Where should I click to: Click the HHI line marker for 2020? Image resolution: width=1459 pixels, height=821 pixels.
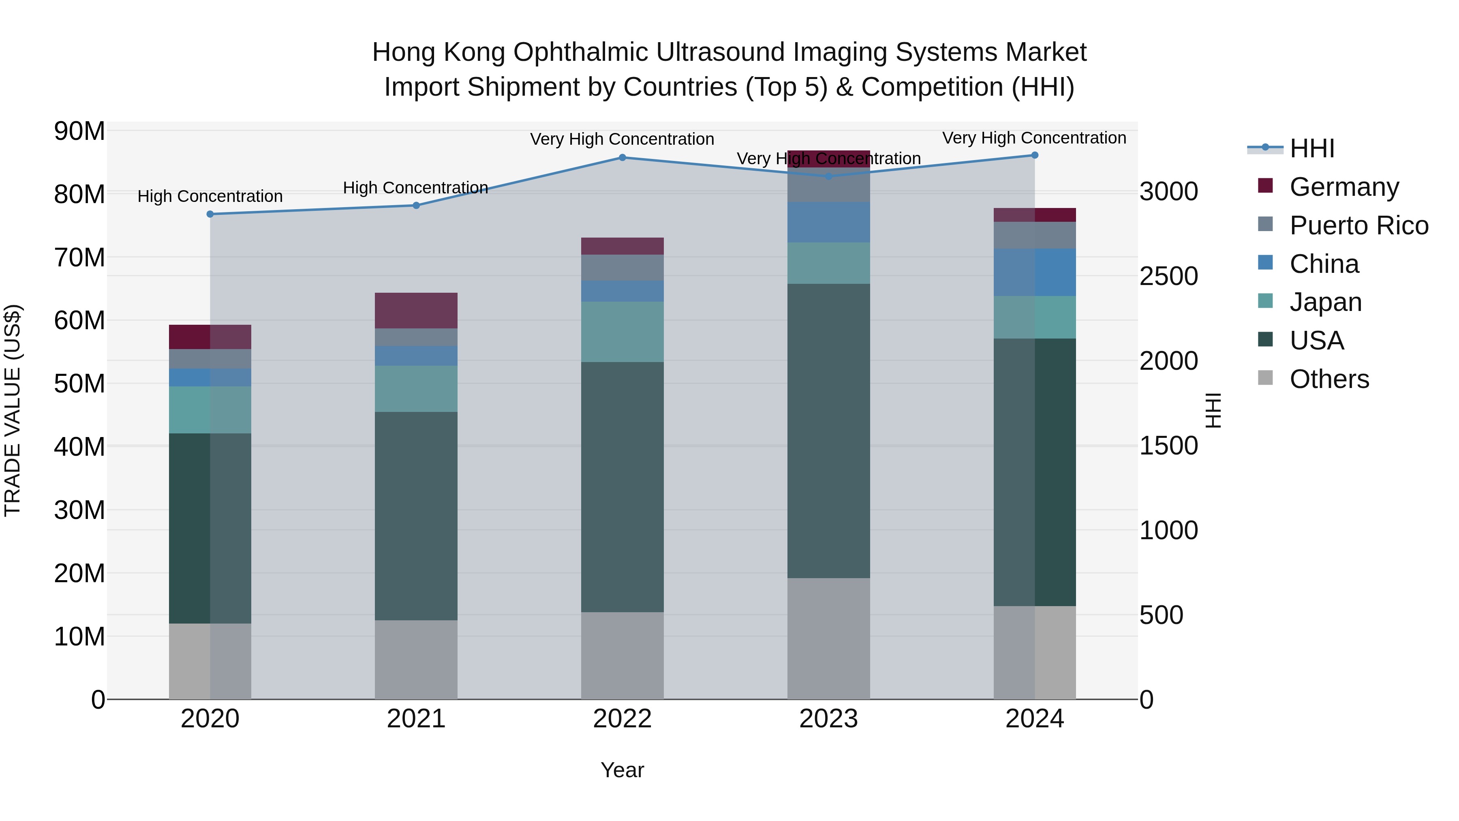[x=210, y=214]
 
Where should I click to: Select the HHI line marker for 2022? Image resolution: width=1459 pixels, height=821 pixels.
[x=623, y=158]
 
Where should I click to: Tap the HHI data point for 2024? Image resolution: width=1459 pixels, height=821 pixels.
[x=1035, y=155]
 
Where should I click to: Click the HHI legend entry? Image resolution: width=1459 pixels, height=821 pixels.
[x=1312, y=148]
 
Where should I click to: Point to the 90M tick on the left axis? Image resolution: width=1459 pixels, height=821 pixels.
[x=79, y=131]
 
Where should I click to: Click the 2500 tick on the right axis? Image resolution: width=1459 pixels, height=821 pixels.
[x=1168, y=277]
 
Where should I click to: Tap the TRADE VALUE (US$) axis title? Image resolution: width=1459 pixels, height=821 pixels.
[x=13, y=410]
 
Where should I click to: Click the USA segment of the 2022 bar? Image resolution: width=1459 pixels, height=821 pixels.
[x=623, y=487]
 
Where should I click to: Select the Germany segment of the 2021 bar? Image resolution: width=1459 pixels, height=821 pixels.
[x=416, y=311]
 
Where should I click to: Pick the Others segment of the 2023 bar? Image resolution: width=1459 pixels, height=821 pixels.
[x=829, y=639]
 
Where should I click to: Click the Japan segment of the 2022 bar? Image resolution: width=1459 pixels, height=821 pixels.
[x=623, y=332]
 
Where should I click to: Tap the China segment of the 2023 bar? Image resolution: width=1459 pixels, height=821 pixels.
[x=829, y=222]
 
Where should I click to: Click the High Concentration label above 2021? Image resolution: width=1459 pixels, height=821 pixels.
[x=415, y=188]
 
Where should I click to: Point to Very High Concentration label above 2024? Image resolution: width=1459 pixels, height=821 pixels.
[x=1034, y=138]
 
